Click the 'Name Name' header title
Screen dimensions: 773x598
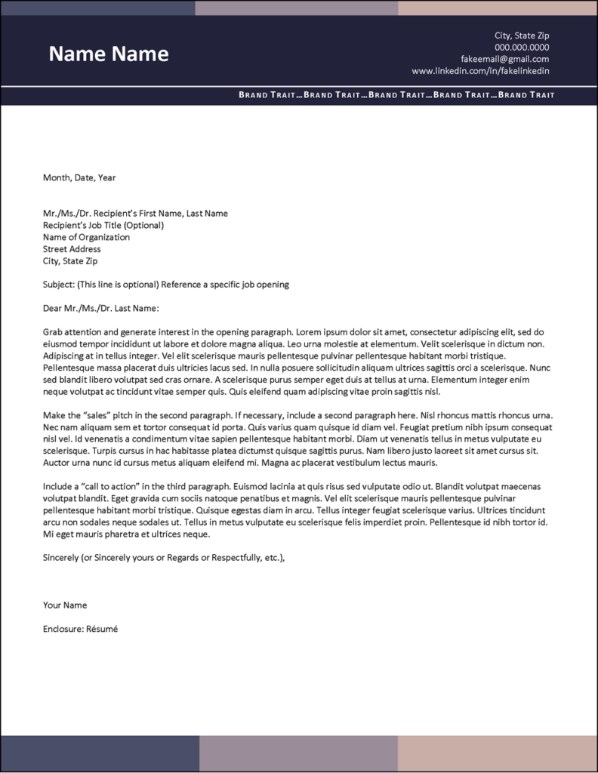coord(109,54)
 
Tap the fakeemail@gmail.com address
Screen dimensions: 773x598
coord(504,59)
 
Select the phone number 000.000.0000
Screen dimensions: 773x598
coord(522,47)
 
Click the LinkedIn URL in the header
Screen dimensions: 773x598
coord(480,71)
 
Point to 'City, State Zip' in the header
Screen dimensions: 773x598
coord(522,35)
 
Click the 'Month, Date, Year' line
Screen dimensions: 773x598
coord(79,178)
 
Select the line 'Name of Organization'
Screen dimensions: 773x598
coord(86,237)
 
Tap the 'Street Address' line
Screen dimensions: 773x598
coord(72,249)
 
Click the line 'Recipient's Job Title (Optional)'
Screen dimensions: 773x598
coord(103,225)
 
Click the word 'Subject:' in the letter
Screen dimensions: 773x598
coord(58,285)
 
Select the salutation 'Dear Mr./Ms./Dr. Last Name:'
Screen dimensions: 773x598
coord(101,308)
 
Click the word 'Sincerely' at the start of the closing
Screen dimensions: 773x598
coord(62,558)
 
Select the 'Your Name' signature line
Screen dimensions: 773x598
coord(65,605)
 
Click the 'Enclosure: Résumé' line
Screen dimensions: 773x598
coord(81,629)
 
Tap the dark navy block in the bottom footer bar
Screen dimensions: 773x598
coord(100,753)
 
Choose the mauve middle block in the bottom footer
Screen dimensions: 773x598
coord(298,753)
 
